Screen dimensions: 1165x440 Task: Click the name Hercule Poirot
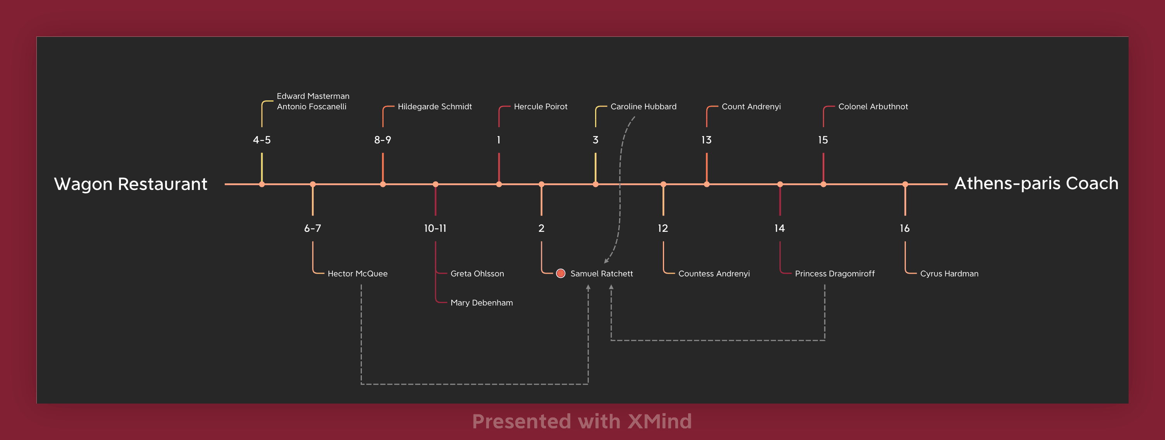(540, 106)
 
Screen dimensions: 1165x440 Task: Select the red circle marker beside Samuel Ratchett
(561, 273)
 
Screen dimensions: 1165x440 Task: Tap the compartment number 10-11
(435, 228)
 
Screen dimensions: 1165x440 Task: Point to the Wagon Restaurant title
(131, 184)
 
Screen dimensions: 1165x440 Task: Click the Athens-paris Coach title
(1036, 183)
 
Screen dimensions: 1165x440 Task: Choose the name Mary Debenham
(482, 302)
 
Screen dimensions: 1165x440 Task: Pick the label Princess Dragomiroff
(835, 273)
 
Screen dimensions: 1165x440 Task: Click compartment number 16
(905, 228)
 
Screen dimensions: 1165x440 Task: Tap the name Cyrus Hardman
(949, 273)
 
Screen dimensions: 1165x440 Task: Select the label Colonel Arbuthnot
(873, 106)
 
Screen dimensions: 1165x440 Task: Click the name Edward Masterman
(313, 96)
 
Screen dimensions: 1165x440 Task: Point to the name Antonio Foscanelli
(311, 106)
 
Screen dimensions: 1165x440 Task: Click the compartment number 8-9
(383, 140)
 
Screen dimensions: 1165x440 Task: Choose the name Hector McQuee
(357, 273)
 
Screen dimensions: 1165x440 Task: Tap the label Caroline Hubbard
(644, 106)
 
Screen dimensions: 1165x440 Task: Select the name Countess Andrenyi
(714, 273)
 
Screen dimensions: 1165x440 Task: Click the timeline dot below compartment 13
(706, 184)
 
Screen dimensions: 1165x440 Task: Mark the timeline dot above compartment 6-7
(313, 184)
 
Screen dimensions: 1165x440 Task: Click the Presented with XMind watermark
(582, 421)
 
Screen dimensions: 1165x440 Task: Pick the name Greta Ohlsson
(477, 273)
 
